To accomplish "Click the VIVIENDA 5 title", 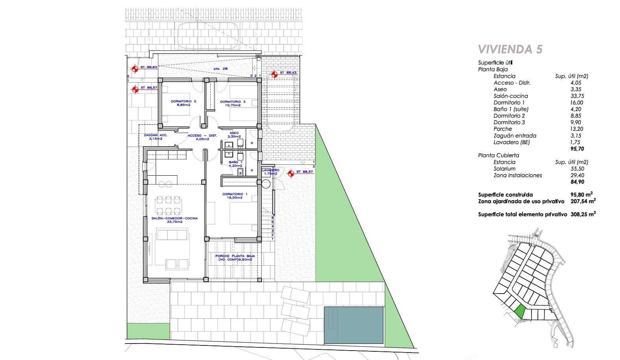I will pos(510,50).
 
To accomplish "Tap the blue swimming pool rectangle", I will pos(353,325).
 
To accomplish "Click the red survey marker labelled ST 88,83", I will pos(135,69).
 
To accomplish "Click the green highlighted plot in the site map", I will pos(520,312).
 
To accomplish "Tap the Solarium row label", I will pos(504,169).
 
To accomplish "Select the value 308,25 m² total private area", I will pos(583,215).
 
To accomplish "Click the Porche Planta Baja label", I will pos(235,258).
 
